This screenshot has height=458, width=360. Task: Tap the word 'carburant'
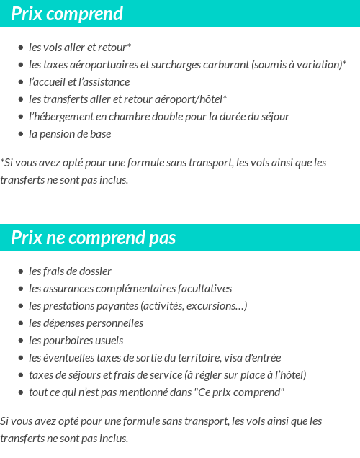coord(225,65)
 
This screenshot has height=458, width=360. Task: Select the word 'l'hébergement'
coord(60,117)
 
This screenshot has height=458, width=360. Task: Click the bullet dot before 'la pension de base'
coord(21,134)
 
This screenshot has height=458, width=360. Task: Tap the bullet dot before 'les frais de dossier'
coord(21,271)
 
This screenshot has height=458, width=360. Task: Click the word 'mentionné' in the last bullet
coord(150,392)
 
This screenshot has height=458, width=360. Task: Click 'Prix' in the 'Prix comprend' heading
coord(27,14)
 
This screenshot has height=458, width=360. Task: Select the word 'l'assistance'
coord(104,82)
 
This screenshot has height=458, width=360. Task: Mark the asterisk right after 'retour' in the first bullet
coord(129,46)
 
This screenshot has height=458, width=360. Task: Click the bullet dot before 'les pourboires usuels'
coord(21,341)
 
